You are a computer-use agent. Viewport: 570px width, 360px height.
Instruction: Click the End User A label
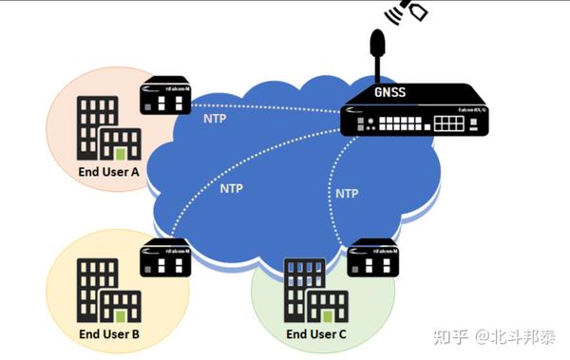point(108,173)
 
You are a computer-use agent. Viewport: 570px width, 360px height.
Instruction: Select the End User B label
point(108,334)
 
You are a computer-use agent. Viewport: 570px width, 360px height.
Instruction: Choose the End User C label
point(316,334)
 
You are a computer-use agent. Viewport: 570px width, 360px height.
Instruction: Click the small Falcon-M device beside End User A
point(165,95)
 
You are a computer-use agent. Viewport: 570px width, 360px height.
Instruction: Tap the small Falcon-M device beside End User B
point(165,257)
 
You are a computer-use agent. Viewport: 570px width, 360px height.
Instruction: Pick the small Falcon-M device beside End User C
point(372,257)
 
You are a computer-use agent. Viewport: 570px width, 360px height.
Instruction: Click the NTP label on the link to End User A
point(216,120)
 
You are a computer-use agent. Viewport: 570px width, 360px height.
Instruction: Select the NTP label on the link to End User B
point(232,188)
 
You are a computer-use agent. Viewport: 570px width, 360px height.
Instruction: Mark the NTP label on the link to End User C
point(347,193)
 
